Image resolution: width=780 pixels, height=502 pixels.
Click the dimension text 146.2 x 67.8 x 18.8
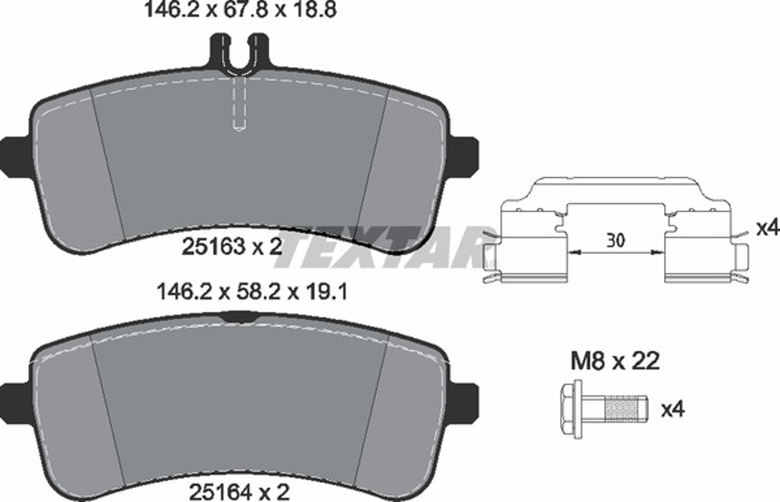pos(240,10)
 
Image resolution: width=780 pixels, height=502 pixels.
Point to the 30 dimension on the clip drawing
pos(616,241)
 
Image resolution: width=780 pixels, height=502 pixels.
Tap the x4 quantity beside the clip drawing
pos(768,228)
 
